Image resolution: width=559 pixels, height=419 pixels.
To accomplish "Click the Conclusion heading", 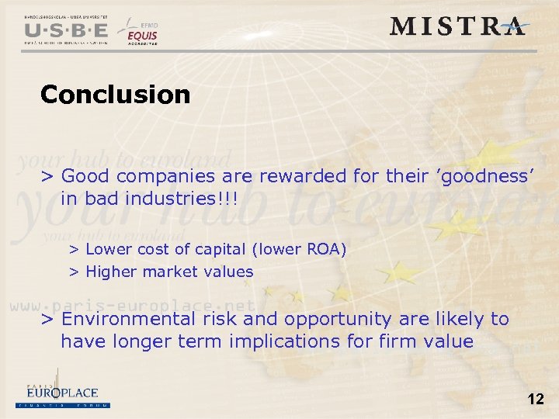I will click(x=115, y=95).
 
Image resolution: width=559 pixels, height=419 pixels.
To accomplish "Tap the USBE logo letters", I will click(x=66, y=30).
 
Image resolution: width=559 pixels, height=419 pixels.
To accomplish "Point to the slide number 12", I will click(x=535, y=400).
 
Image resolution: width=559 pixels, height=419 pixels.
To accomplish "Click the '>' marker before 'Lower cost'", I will click(x=75, y=250).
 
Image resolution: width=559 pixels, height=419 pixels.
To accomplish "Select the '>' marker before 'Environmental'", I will click(x=47, y=320).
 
